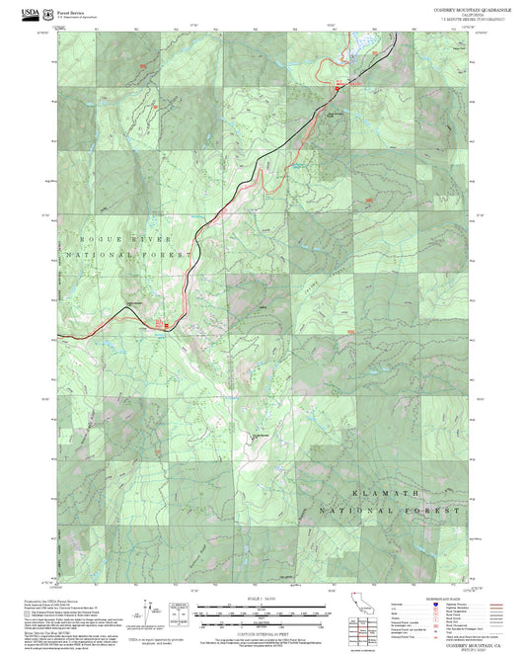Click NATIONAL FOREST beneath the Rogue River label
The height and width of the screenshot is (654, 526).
(126, 254)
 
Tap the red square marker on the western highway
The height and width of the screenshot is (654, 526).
(167, 324)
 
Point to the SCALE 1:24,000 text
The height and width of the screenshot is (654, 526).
(261, 598)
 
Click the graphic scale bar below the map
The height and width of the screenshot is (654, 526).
(261, 612)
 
